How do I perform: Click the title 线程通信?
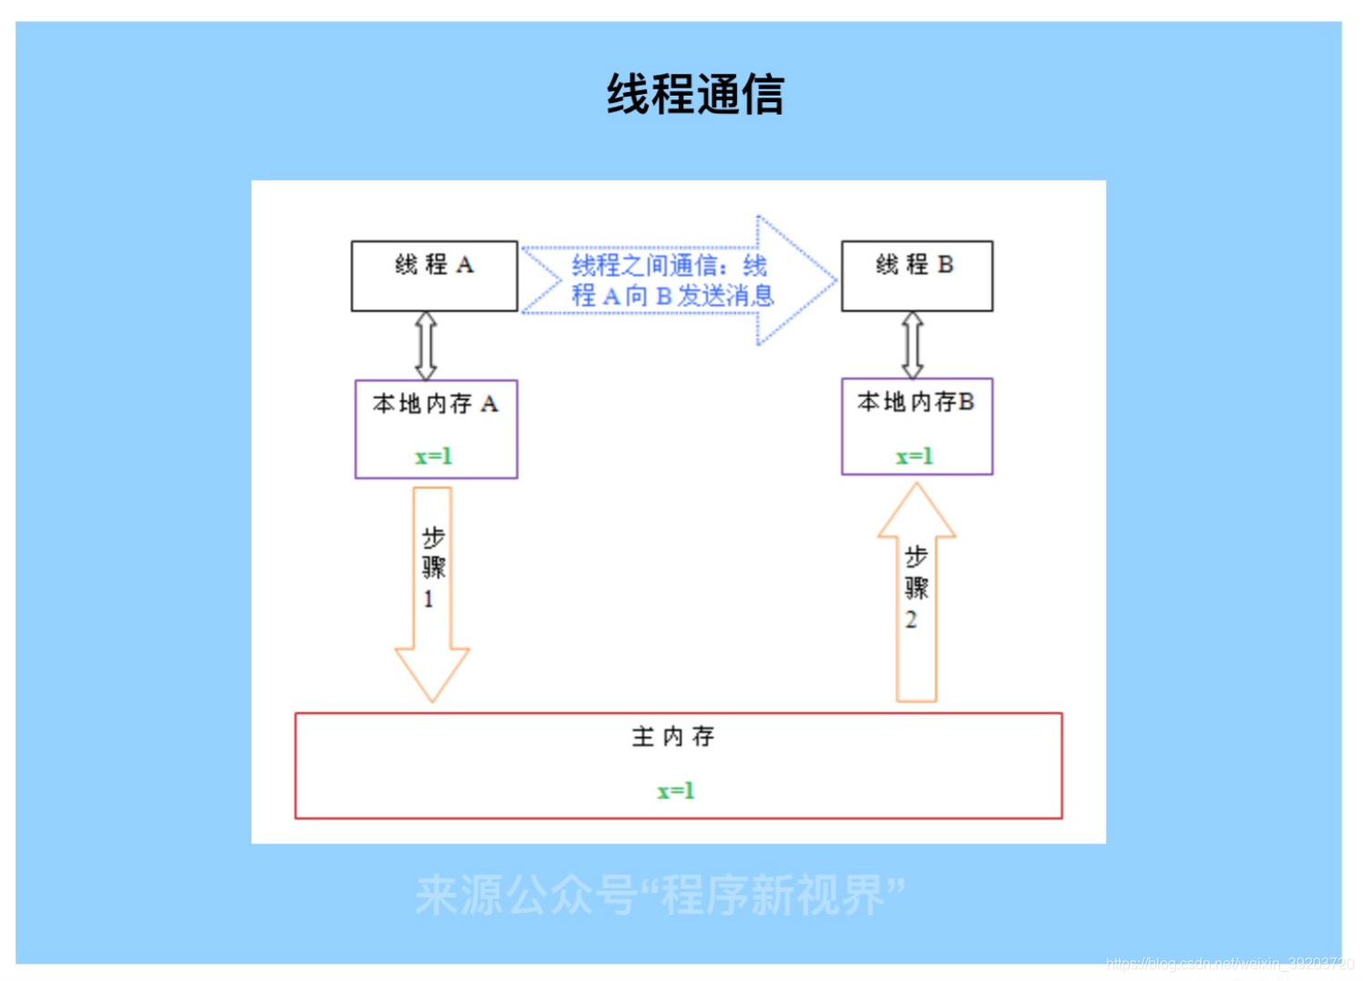pos(695,95)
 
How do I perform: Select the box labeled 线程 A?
pos(435,276)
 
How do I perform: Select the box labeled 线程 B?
pos(917,276)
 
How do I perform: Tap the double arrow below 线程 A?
pos(425,346)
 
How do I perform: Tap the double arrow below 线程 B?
pos(912,346)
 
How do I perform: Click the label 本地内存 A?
pos(435,404)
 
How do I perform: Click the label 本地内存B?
pos(916,402)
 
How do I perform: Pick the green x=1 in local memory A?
pos(434,456)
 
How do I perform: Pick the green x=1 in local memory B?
pos(914,456)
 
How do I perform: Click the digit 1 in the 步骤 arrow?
pos(428,599)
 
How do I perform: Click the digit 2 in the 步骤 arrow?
pos(911,620)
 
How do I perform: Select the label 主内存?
pos(673,737)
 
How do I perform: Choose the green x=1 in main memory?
pos(675,790)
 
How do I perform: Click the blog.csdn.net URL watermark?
pos(1230,964)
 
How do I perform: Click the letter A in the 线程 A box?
pos(465,265)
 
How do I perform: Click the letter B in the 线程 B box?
pos(946,264)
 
